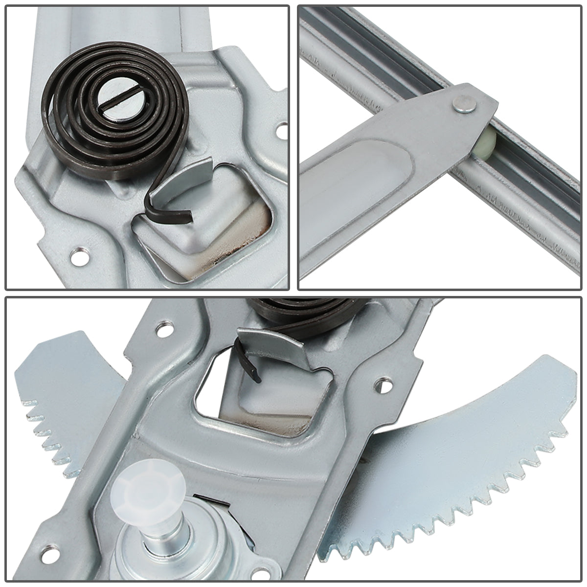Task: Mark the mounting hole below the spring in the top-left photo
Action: (78, 254)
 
